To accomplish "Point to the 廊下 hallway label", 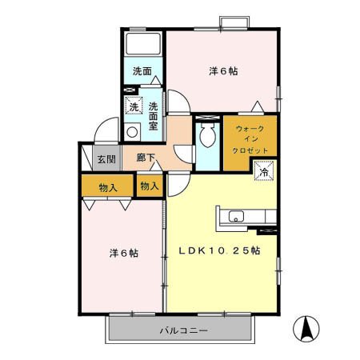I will click(145, 158).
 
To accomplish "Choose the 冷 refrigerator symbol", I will click(263, 170).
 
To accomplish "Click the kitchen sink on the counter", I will click(236, 216).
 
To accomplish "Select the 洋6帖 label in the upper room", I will click(224, 71).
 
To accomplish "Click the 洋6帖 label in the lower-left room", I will click(124, 253).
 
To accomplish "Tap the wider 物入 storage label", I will click(109, 187).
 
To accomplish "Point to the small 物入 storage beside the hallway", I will click(150, 186).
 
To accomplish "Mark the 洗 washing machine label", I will click(134, 107).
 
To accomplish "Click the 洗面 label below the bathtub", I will click(142, 70).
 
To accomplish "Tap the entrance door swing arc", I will click(102, 130).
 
